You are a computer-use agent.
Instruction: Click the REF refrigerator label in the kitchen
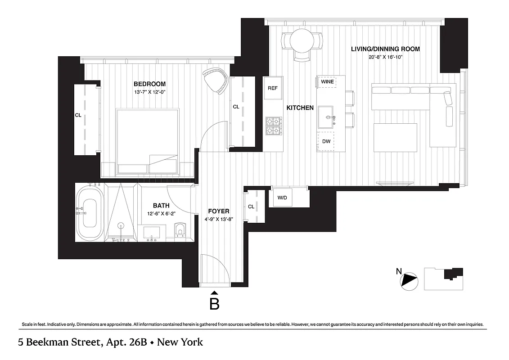click(273, 88)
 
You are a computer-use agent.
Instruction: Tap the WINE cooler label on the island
click(327, 82)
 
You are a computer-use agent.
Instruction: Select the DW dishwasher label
click(326, 141)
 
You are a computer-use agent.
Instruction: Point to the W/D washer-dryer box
click(283, 198)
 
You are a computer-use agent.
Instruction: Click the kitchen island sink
click(327, 117)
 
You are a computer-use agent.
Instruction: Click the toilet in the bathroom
click(181, 229)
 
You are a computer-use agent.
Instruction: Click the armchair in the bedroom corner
click(216, 79)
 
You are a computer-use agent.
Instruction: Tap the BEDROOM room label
click(149, 84)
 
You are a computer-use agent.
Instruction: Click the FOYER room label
click(219, 211)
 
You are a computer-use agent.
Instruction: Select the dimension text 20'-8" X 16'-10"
click(386, 57)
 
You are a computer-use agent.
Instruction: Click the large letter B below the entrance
click(215, 304)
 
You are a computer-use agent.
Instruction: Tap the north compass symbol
click(410, 280)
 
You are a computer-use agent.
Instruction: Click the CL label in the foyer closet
click(251, 207)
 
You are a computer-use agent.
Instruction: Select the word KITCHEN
click(300, 108)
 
